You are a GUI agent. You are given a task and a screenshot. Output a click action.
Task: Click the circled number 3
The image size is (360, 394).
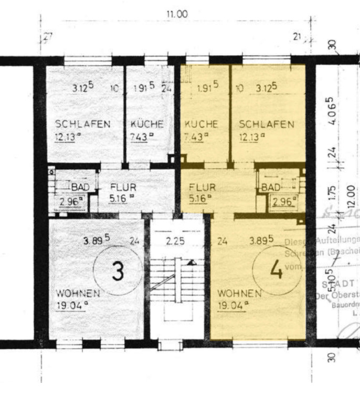tap(118, 271)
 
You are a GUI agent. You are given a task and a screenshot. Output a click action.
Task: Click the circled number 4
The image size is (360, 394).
tap(277, 270)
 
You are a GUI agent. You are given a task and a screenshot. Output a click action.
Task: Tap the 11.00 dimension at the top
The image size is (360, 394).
tap(177, 15)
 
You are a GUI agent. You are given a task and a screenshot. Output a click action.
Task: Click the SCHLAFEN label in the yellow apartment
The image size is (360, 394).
tap(266, 125)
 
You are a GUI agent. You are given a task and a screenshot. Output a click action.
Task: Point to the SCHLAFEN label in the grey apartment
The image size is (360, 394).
tap(83, 125)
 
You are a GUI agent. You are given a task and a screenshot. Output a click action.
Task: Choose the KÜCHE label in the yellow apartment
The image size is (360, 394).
tap(201, 125)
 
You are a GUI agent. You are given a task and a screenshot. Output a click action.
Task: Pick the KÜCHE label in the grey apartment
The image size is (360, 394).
tap(147, 125)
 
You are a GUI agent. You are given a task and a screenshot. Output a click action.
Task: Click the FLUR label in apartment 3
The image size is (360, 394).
tap(123, 186)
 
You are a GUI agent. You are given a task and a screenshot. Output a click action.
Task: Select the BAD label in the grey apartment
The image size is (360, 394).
tap(80, 186)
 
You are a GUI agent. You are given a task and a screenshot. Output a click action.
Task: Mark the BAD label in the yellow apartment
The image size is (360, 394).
tap(271, 187)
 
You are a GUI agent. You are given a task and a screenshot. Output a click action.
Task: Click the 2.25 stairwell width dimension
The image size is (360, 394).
tap(176, 241)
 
